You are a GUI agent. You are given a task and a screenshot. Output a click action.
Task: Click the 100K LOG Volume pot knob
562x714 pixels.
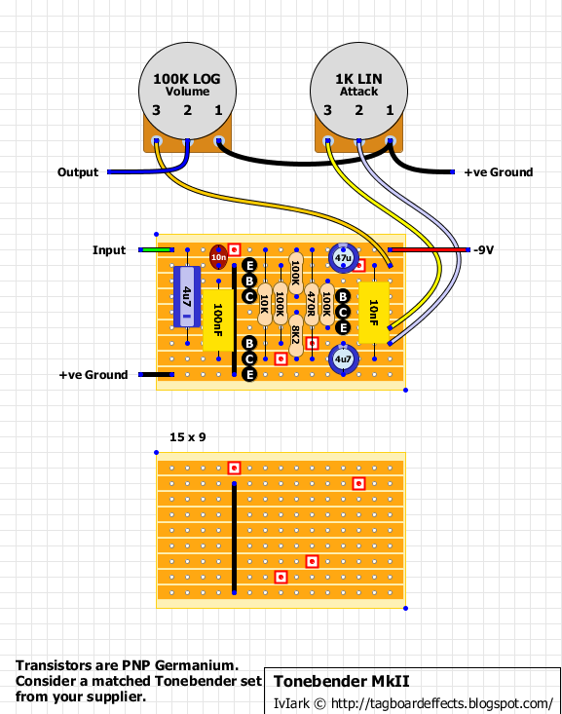tap(187, 91)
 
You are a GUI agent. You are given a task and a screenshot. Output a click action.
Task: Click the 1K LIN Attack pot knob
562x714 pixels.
tap(358, 91)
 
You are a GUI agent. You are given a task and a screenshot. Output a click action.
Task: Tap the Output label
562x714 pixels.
tap(78, 172)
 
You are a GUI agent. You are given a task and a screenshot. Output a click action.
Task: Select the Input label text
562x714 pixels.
tap(109, 250)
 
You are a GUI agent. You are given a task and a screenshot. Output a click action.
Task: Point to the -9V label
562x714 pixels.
tap(484, 250)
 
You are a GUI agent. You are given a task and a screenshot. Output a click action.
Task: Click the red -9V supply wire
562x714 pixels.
tap(429, 249)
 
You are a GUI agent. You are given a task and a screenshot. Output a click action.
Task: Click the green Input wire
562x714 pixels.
tap(156, 249)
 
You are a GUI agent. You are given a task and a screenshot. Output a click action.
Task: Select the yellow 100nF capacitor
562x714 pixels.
tap(218, 320)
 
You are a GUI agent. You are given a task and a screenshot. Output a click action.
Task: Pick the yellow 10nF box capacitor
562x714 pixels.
tap(374, 313)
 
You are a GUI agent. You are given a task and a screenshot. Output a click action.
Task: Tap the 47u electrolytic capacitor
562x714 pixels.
tap(343, 258)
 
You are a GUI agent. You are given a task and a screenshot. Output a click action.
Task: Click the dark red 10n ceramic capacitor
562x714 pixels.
tap(218, 257)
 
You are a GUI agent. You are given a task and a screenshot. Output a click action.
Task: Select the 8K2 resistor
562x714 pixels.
tap(296, 336)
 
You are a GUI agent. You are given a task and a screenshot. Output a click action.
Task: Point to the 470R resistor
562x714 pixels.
tap(312, 304)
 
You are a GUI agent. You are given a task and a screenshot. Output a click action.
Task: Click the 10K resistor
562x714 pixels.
tap(265, 304)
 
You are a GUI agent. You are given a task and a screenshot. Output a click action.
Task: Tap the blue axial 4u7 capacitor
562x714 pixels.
tap(187, 296)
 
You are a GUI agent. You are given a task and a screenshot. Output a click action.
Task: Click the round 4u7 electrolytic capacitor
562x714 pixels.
tap(343, 359)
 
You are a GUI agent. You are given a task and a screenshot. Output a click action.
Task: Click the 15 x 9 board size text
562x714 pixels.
tap(188, 437)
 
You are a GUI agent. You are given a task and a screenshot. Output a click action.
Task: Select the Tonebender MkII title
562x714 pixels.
tap(342, 681)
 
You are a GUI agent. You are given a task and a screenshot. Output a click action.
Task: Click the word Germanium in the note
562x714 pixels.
tap(197, 665)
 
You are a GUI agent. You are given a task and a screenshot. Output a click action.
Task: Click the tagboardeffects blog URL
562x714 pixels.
tap(442, 703)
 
